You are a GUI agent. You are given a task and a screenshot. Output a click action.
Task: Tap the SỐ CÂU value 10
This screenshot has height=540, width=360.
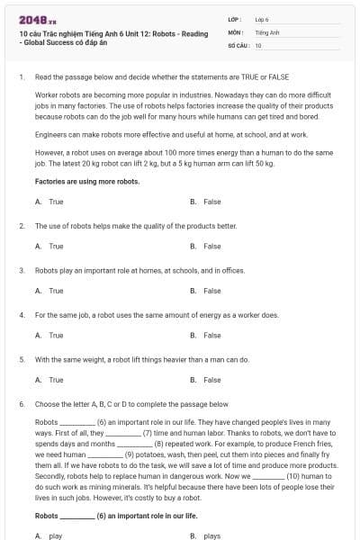(x=258, y=44)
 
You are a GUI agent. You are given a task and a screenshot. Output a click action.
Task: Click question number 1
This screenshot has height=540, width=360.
(x=21, y=77)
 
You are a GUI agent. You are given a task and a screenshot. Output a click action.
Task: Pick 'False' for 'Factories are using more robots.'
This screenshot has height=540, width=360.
(x=211, y=202)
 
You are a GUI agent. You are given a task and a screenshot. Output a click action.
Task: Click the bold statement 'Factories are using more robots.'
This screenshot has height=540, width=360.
(x=86, y=181)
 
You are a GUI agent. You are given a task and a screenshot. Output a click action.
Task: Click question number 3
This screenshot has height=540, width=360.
(x=21, y=269)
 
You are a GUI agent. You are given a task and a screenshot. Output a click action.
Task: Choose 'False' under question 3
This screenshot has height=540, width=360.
(x=211, y=291)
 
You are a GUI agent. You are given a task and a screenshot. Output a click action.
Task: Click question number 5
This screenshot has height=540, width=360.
(x=21, y=359)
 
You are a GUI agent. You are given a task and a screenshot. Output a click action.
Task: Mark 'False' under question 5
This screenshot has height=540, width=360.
(x=211, y=380)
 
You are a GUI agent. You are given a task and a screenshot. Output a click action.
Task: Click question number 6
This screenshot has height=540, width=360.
(x=21, y=404)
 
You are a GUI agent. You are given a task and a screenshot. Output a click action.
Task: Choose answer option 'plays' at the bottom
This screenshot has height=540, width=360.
(x=211, y=535)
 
